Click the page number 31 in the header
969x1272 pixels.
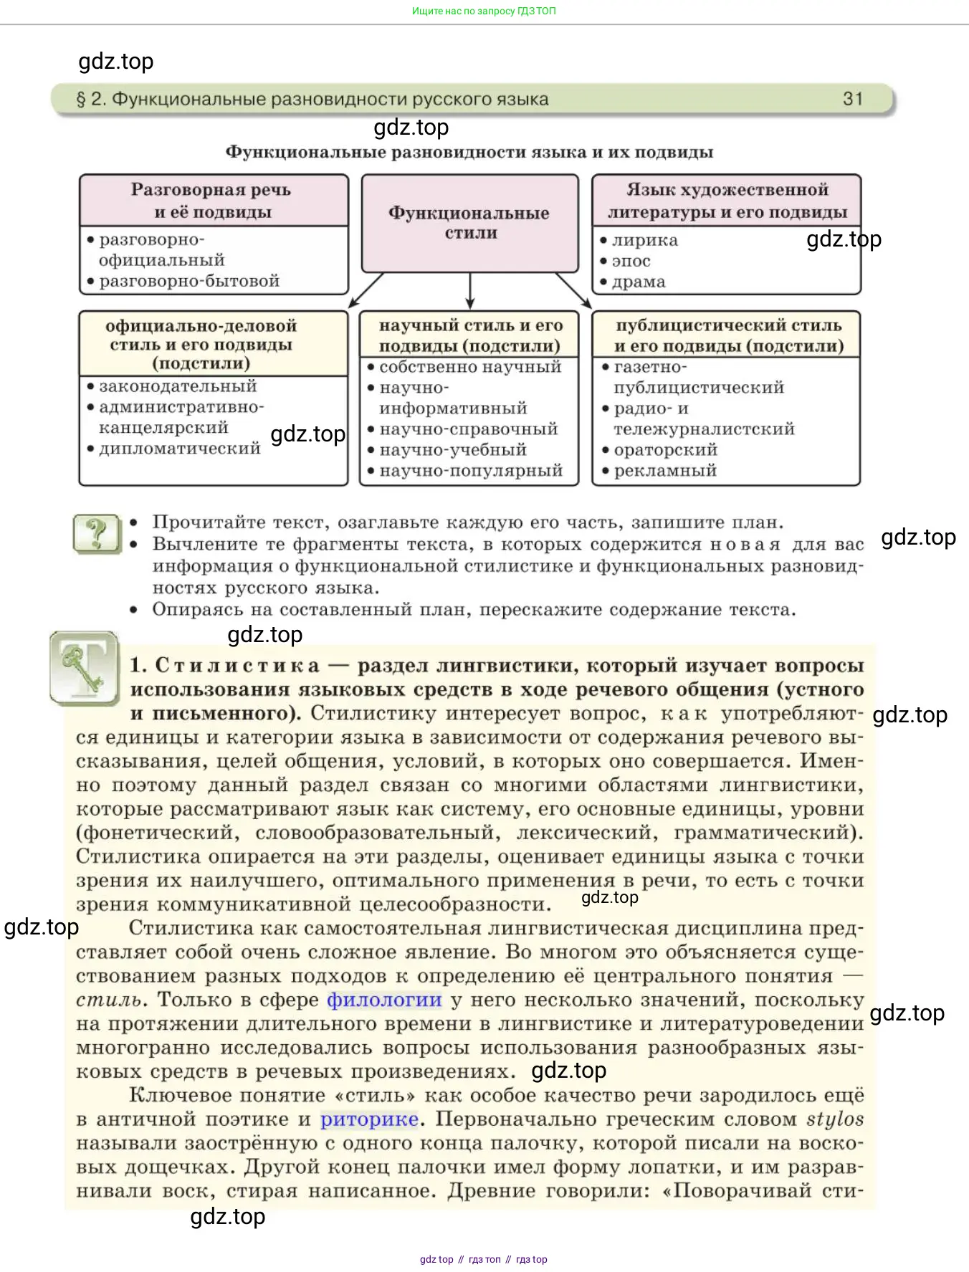click(x=852, y=99)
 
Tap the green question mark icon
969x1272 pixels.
click(x=97, y=533)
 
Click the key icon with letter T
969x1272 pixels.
click(x=84, y=668)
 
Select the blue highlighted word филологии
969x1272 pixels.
click(x=384, y=1000)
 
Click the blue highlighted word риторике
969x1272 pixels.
click(x=369, y=1119)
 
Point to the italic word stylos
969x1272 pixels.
click(x=835, y=1119)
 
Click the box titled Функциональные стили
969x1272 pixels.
click(x=469, y=223)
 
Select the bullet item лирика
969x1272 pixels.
click(x=644, y=241)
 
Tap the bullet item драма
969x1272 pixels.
click(x=639, y=282)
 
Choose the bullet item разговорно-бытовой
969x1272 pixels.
click(x=189, y=281)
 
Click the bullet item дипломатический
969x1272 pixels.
click(x=179, y=449)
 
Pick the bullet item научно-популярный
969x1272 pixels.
click(x=471, y=471)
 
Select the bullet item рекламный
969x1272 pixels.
click(x=665, y=471)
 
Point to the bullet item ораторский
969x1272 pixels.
click(x=665, y=450)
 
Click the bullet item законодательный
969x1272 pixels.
click(x=178, y=386)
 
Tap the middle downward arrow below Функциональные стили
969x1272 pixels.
click(x=470, y=290)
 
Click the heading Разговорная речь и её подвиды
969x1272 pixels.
click(x=211, y=201)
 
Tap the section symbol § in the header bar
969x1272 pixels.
click(x=81, y=99)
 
